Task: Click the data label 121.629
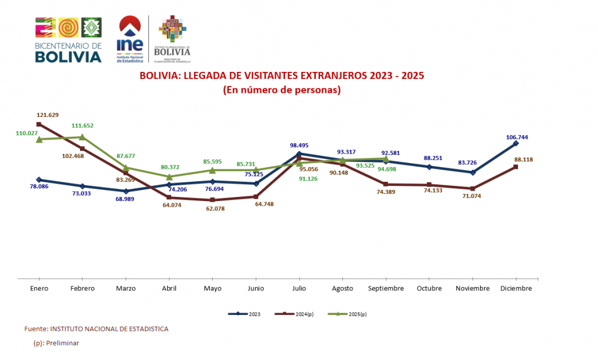click(x=47, y=115)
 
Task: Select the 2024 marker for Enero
click(x=39, y=124)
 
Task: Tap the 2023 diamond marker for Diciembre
click(x=516, y=143)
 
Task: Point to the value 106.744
click(x=517, y=137)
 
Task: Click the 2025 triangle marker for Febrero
click(x=82, y=137)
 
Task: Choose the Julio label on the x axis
click(x=299, y=289)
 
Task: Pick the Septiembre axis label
click(x=385, y=289)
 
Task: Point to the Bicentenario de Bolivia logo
click(x=68, y=40)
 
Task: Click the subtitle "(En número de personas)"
click(x=281, y=91)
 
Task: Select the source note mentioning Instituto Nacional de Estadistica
click(x=96, y=329)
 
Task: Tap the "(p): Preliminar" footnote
click(x=56, y=343)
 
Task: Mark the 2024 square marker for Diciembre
click(x=516, y=167)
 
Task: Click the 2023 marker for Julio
click(x=299, y=154)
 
